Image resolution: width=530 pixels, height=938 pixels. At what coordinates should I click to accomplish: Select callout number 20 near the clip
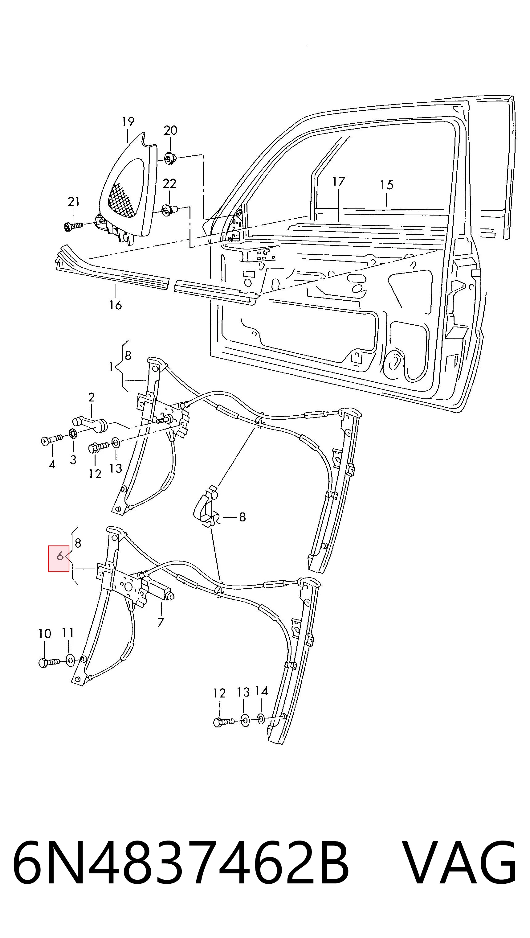click(170, 130)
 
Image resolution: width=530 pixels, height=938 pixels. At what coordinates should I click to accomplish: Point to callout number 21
click(74, 201)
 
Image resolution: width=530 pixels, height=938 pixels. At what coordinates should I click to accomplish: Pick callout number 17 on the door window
click(339, 181)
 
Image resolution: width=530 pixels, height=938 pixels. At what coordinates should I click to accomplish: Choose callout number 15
click(387, 185)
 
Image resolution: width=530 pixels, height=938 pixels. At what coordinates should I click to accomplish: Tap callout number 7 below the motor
click(161, 623)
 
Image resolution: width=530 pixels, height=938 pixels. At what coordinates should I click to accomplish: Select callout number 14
click(261, 691)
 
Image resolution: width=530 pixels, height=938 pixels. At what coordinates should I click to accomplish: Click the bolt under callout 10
click(49, 662)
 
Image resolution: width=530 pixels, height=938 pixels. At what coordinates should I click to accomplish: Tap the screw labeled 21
click(73, 227)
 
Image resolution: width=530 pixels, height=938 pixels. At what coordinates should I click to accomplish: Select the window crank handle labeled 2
click(90, 423)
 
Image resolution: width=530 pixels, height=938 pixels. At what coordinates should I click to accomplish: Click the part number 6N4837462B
click(181, 865)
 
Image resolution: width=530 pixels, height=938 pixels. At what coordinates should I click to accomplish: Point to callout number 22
click(169, 183)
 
